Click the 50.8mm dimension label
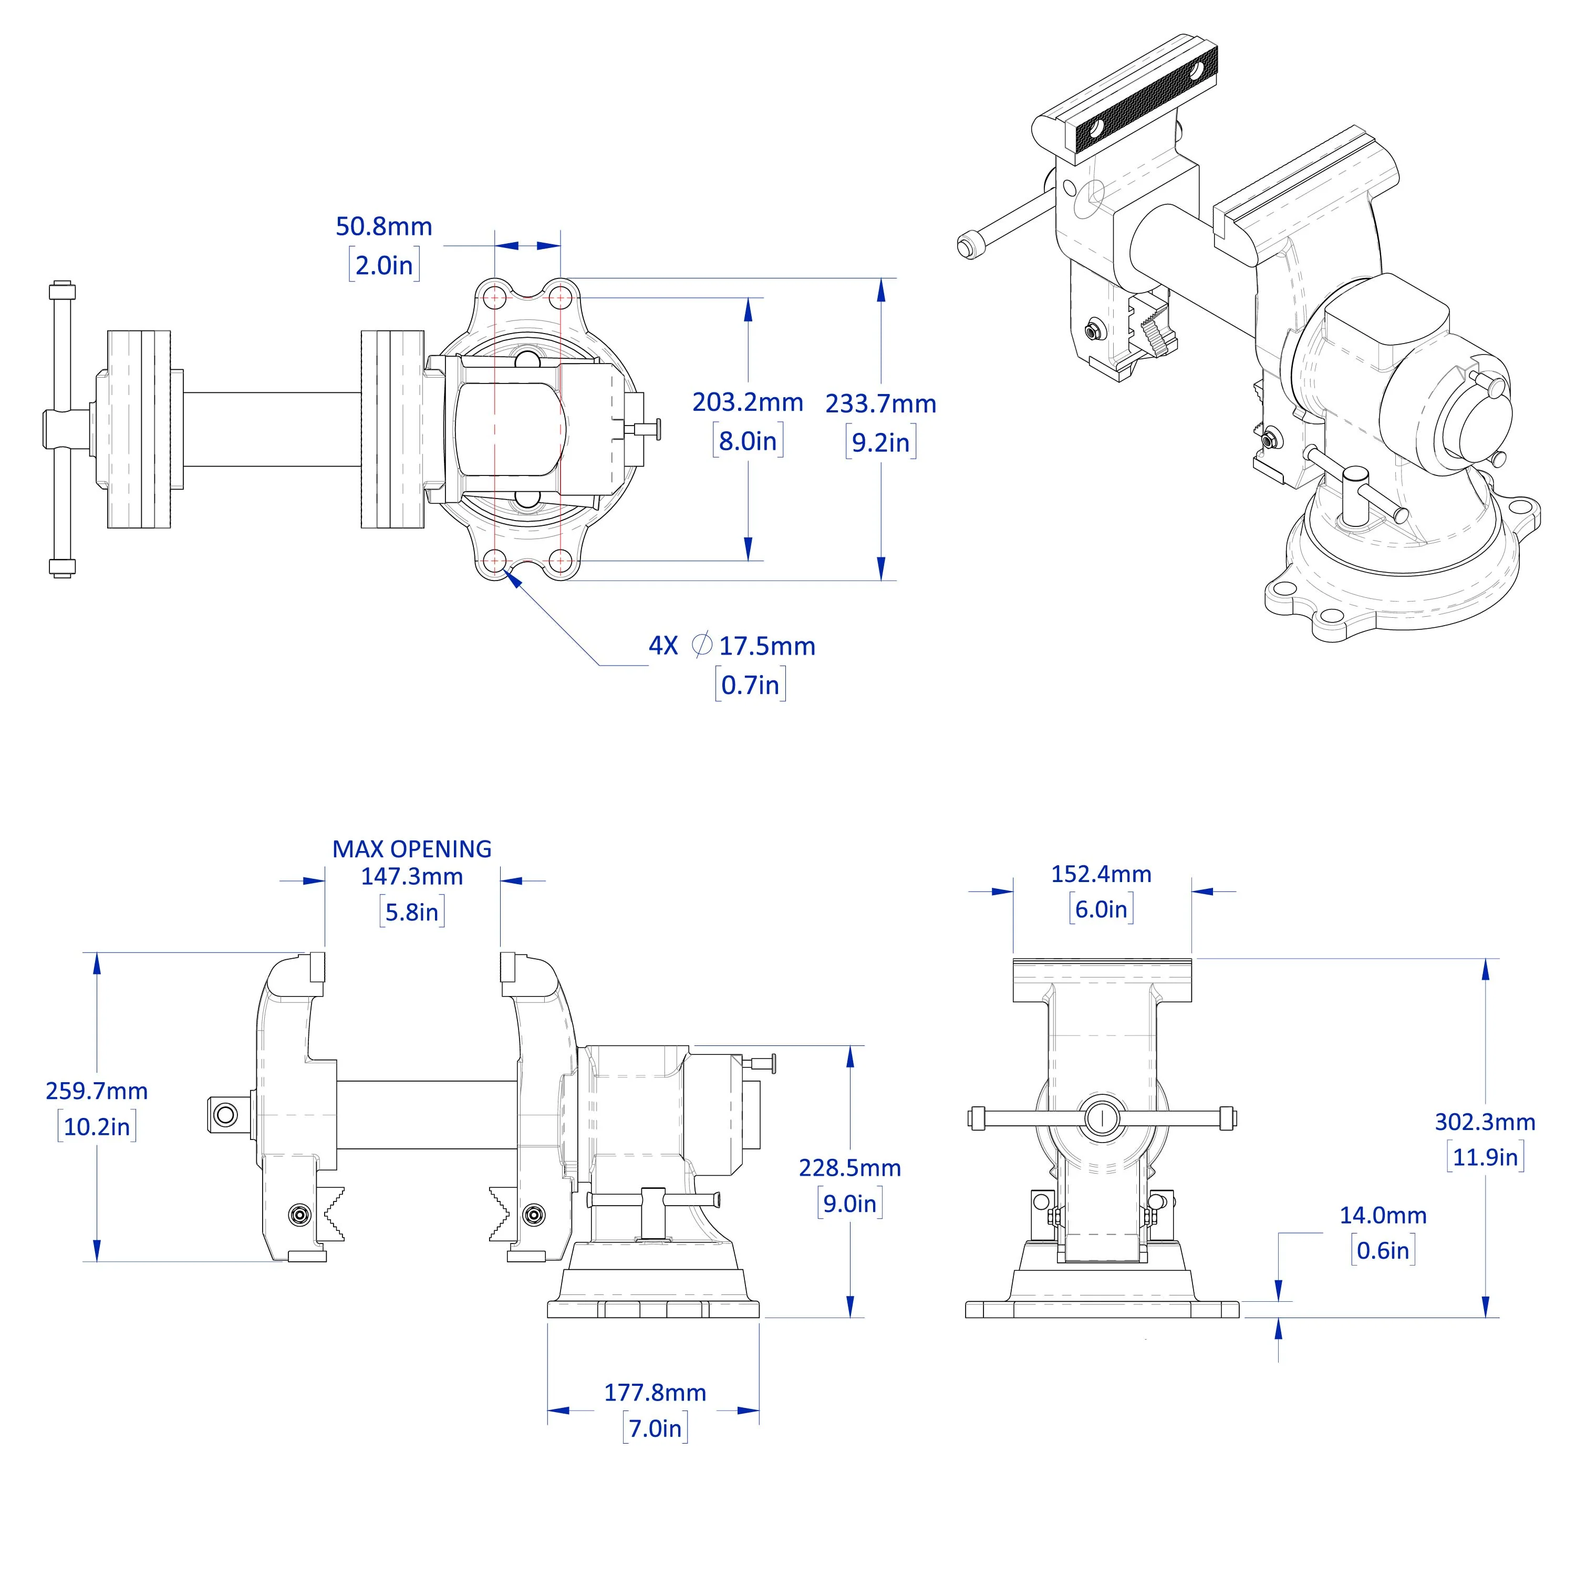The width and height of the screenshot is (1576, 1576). click(x=383, y=227)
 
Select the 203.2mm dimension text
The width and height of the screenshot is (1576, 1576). click(x=747, y=402)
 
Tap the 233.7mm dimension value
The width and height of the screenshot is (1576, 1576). click(x=880, y=404)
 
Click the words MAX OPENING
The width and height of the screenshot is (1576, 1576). click(x=411, y=849)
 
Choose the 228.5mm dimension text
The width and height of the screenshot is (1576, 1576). click(x=849, y=1168)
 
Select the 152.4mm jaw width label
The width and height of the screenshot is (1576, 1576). click(x=1101, y=875)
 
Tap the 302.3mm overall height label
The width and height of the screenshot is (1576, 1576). click(x=1484, y=1123)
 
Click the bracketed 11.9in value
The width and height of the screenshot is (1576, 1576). click(x=1484, y=1157)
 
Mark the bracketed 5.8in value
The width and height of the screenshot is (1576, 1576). click(x=411, y=912)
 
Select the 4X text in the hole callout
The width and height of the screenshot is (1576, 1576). click(x=662, y=647)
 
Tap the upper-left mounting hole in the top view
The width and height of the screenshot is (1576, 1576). click(x=494, y=298)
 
